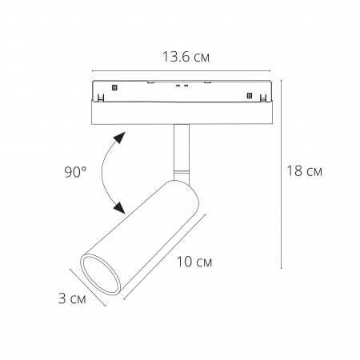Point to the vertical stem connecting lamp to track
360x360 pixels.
click(x=181, y=148)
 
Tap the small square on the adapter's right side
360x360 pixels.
click(x=249, y=96)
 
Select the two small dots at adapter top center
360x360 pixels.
click(x=182, y=85)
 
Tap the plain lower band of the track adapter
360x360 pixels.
click(x=181, y=114)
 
